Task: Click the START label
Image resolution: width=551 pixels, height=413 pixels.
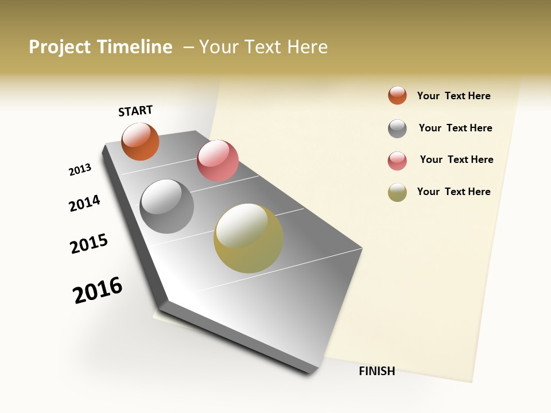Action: pyautogui.click(x=135, y=111)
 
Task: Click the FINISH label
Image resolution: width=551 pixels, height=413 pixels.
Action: pyautogui.click(x=377, y=371)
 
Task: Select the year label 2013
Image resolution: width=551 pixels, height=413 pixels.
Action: pyautogui.click(x=80, y=170)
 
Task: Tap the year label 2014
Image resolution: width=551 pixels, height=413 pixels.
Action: pyautogui.click(x=84, y=204)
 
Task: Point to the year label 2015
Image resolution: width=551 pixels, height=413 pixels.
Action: pyautogui.click(x=89, y=244)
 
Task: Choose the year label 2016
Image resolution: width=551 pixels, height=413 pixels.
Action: pyautogui.click(x=98, y=290)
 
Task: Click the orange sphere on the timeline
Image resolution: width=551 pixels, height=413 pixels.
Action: pyautogui.click(x=140, y=141)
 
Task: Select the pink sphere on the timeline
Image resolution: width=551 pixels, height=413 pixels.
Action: pyautogui.click(x=218, y=161)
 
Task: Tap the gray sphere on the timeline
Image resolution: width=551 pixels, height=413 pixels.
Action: pyautogui.click(x=166, y=206)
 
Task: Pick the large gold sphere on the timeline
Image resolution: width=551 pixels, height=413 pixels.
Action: pyautogui.click(x=248, y=238)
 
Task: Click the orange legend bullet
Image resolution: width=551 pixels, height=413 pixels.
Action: pyautogui.click(x=397, y=95)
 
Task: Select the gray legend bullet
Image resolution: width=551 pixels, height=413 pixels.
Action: pyautogui.click(x=397, y=128)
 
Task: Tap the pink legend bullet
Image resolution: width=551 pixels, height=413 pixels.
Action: pyautogui.click(x=397, y=161)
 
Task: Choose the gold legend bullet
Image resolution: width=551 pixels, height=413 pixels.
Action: pyautogui.click(x=397, y=192)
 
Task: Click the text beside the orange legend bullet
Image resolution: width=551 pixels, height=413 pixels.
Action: pyautogui.click(x=453, y=96)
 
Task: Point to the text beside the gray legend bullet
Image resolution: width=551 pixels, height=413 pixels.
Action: pyautogui.click(x=455, y=128)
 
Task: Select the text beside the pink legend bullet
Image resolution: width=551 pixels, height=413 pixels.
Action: pyautogui.click(x=456, y=159)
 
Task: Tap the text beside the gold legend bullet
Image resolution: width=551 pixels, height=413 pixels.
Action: pyautogui.click(x=453, y=192)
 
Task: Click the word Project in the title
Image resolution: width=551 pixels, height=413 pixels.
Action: pyautogui.click(x=60, y=47)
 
